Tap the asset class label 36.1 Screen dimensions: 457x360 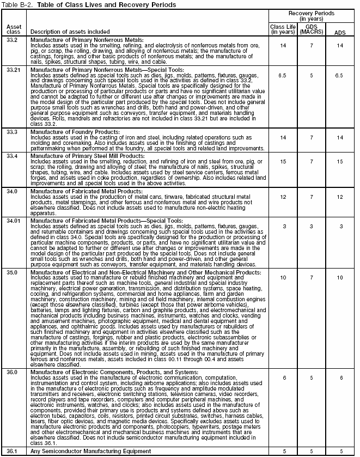(x=11, y=452)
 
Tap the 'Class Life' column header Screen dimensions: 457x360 (x=282, y=28)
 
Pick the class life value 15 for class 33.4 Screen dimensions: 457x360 (x=282, y=162)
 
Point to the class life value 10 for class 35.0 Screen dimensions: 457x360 (x=282, y=277)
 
